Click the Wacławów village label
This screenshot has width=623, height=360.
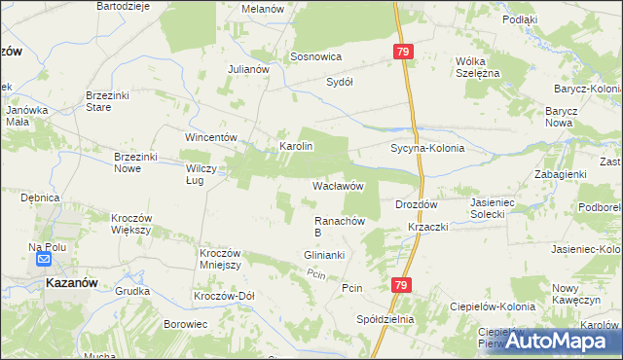(x=338, y=185)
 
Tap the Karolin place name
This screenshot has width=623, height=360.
(x=296, y=146)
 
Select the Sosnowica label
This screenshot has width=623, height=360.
(x=315, y=57)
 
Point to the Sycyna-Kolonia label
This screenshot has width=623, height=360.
(x=427, y=149)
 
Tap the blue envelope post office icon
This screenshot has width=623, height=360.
(x=44, y=259)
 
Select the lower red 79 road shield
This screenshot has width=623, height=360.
(x=401, y=285)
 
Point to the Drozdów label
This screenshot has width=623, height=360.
(x=418, y=205)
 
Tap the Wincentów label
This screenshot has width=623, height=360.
(x=212, y=137)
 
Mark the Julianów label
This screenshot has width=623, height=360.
(x=247, y=70)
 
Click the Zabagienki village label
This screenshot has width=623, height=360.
(x=559, y=174)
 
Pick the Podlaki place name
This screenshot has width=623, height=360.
(x=521, y=19)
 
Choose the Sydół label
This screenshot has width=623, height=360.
(x=339, y=82)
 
